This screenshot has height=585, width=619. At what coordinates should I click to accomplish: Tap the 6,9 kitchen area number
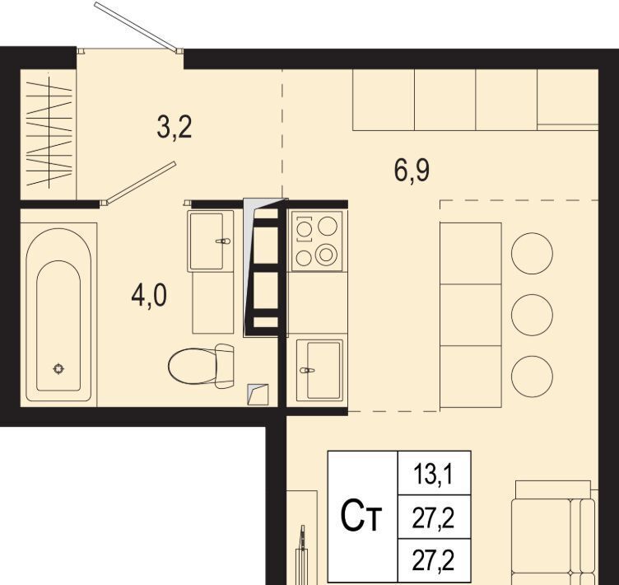coord(412,171)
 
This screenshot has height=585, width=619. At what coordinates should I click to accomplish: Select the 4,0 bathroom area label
coord(149,296)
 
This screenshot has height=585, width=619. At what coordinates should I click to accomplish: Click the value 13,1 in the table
coord(434,474)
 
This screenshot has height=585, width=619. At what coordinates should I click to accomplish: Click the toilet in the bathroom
coord(201,366)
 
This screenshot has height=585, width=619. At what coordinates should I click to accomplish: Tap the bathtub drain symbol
coord(58,369)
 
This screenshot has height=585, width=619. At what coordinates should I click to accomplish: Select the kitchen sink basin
coord(323,371)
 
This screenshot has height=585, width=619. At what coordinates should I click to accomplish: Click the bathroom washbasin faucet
coord(222,241)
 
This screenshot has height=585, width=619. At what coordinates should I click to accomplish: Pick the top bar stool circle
coord(532,253)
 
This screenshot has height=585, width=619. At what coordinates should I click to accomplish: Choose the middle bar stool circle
coord(532,315)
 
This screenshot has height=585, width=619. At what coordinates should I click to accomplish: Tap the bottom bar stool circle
coord(532,377)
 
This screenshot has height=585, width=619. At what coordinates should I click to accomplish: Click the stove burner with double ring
coord(326,255)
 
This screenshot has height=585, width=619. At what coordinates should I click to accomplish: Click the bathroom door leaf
coord(138,183)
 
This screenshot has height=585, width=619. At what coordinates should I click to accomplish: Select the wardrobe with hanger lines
coord(48,134)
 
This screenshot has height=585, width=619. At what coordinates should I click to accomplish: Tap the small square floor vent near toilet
coord(258,395)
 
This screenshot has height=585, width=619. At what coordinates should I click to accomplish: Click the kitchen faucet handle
coord(307,371)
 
